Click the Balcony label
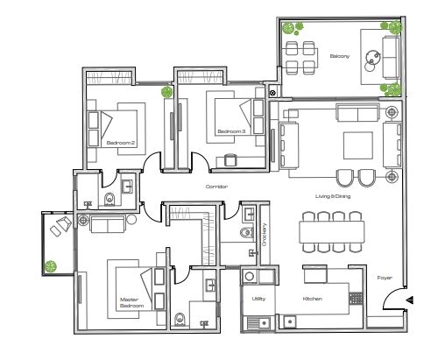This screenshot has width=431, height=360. tap(339, 57)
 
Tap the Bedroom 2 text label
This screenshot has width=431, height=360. tap(120, 142)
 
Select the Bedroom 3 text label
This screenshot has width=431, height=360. tap(232, 132)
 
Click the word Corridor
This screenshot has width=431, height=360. tap(216, 187)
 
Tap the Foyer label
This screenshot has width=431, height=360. tap(385, 279)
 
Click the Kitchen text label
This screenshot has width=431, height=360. tap(313, 299)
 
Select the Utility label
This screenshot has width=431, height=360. tap(259, 299)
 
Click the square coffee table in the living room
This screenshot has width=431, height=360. tap(357, 143)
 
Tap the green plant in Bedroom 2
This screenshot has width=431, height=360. tap(165, 90)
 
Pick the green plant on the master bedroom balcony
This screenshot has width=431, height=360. tap(53, 265)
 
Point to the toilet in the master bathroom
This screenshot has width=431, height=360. tap(180, 318)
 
